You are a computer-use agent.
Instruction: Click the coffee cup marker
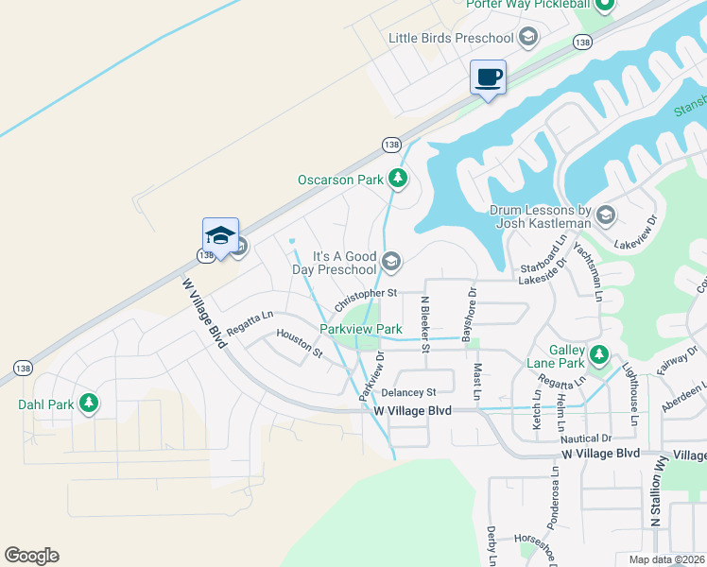click(488, 77)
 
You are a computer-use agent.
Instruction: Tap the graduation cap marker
click(220, 235)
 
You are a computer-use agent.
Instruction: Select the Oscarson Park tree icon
click(398, 178)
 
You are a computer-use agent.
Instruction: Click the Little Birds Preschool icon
click(528, 38)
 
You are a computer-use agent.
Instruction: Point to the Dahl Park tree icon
click(89, 404)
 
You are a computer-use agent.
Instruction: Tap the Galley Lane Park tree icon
click(598, 355)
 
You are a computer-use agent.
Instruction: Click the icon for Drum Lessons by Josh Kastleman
click(606, 215)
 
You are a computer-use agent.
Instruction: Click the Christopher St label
click(365, 295)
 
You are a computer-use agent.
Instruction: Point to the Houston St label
click(300, 342)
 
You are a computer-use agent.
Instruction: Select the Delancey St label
click(408, 392)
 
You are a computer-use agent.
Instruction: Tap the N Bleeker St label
click(425, 324)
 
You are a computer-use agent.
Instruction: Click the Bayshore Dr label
click(465, 315)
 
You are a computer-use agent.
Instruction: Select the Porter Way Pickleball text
click(528, 4)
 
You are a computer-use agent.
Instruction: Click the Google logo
click(31, 556)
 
